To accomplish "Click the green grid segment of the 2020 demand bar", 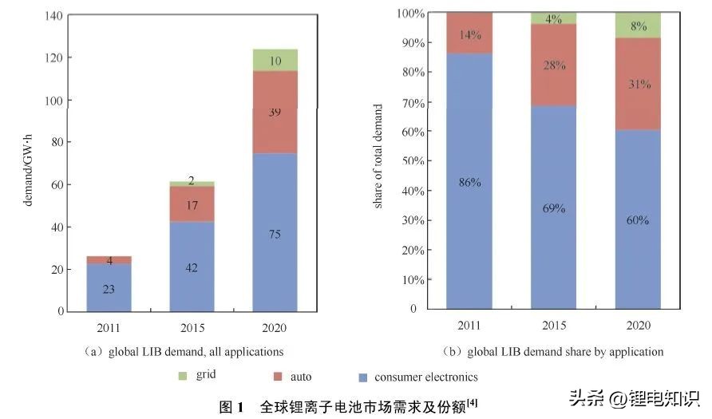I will click(275, 60).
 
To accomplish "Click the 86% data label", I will click(469, 182).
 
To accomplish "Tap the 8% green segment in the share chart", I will click(638, 25).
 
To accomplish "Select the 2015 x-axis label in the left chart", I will click(192, 327).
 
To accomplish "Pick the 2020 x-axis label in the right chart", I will click(638, 325).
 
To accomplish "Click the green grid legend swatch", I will click(184, 374).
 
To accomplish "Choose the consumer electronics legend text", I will click(426, 376).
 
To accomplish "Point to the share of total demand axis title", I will click(378, 157).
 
